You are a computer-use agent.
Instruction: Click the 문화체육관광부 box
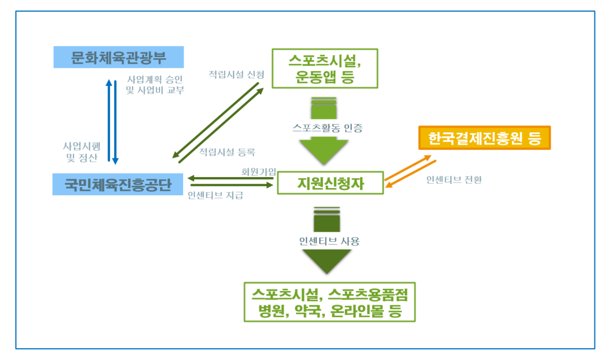(118, 58)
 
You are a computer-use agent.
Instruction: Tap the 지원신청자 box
(330, 184)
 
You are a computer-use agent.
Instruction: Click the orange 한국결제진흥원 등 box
(484, 139)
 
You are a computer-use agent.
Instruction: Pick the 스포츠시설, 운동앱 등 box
(324, 68)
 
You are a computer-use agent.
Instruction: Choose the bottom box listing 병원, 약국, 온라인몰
(330, 302)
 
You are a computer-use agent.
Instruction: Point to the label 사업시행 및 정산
(82, 151)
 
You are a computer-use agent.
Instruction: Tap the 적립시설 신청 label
(237, 75)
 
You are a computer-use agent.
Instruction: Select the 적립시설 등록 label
(227, 152)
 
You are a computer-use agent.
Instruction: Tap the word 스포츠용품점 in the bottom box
(372, 293)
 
